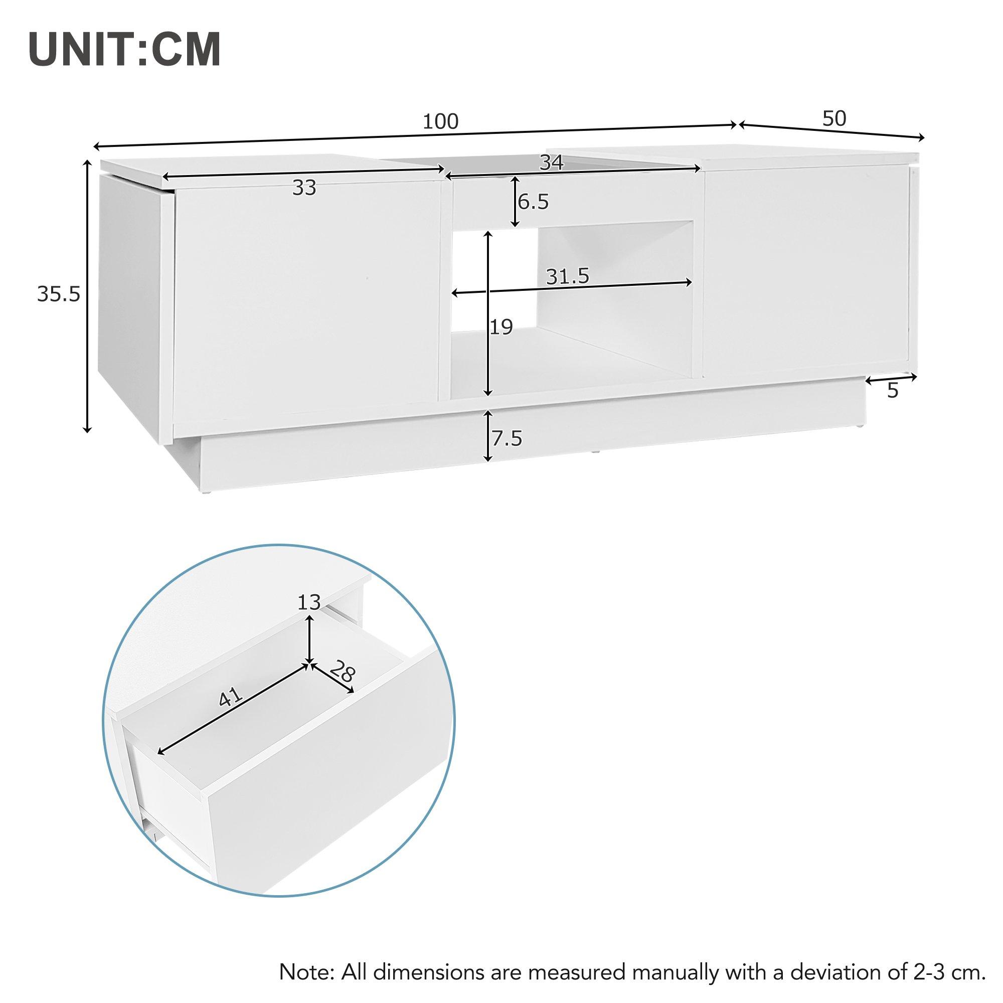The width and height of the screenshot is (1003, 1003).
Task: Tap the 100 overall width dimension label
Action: [x=441, y=121]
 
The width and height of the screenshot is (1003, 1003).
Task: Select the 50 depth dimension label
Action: [x=834, y=118]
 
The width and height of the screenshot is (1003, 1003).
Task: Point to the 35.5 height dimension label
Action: [x=59, y=294]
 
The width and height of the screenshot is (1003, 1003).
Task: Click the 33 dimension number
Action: [x=304, y=188]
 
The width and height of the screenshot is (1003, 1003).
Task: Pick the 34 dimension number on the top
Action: [x=551, y=162]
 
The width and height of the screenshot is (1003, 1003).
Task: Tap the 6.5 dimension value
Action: [x=533, y=202]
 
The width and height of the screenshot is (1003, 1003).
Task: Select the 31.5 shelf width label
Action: [x=568, y=277]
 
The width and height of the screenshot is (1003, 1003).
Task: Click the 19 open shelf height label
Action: [x=501, y=327]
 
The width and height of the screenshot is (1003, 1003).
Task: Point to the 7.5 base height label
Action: [x=507, y=439]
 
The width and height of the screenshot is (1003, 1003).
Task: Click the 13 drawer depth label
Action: [x=309, y=602]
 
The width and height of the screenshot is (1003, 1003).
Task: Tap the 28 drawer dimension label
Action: [x=342, y=673]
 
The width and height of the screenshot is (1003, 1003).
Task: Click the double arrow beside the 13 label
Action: [x=310, y=638]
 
